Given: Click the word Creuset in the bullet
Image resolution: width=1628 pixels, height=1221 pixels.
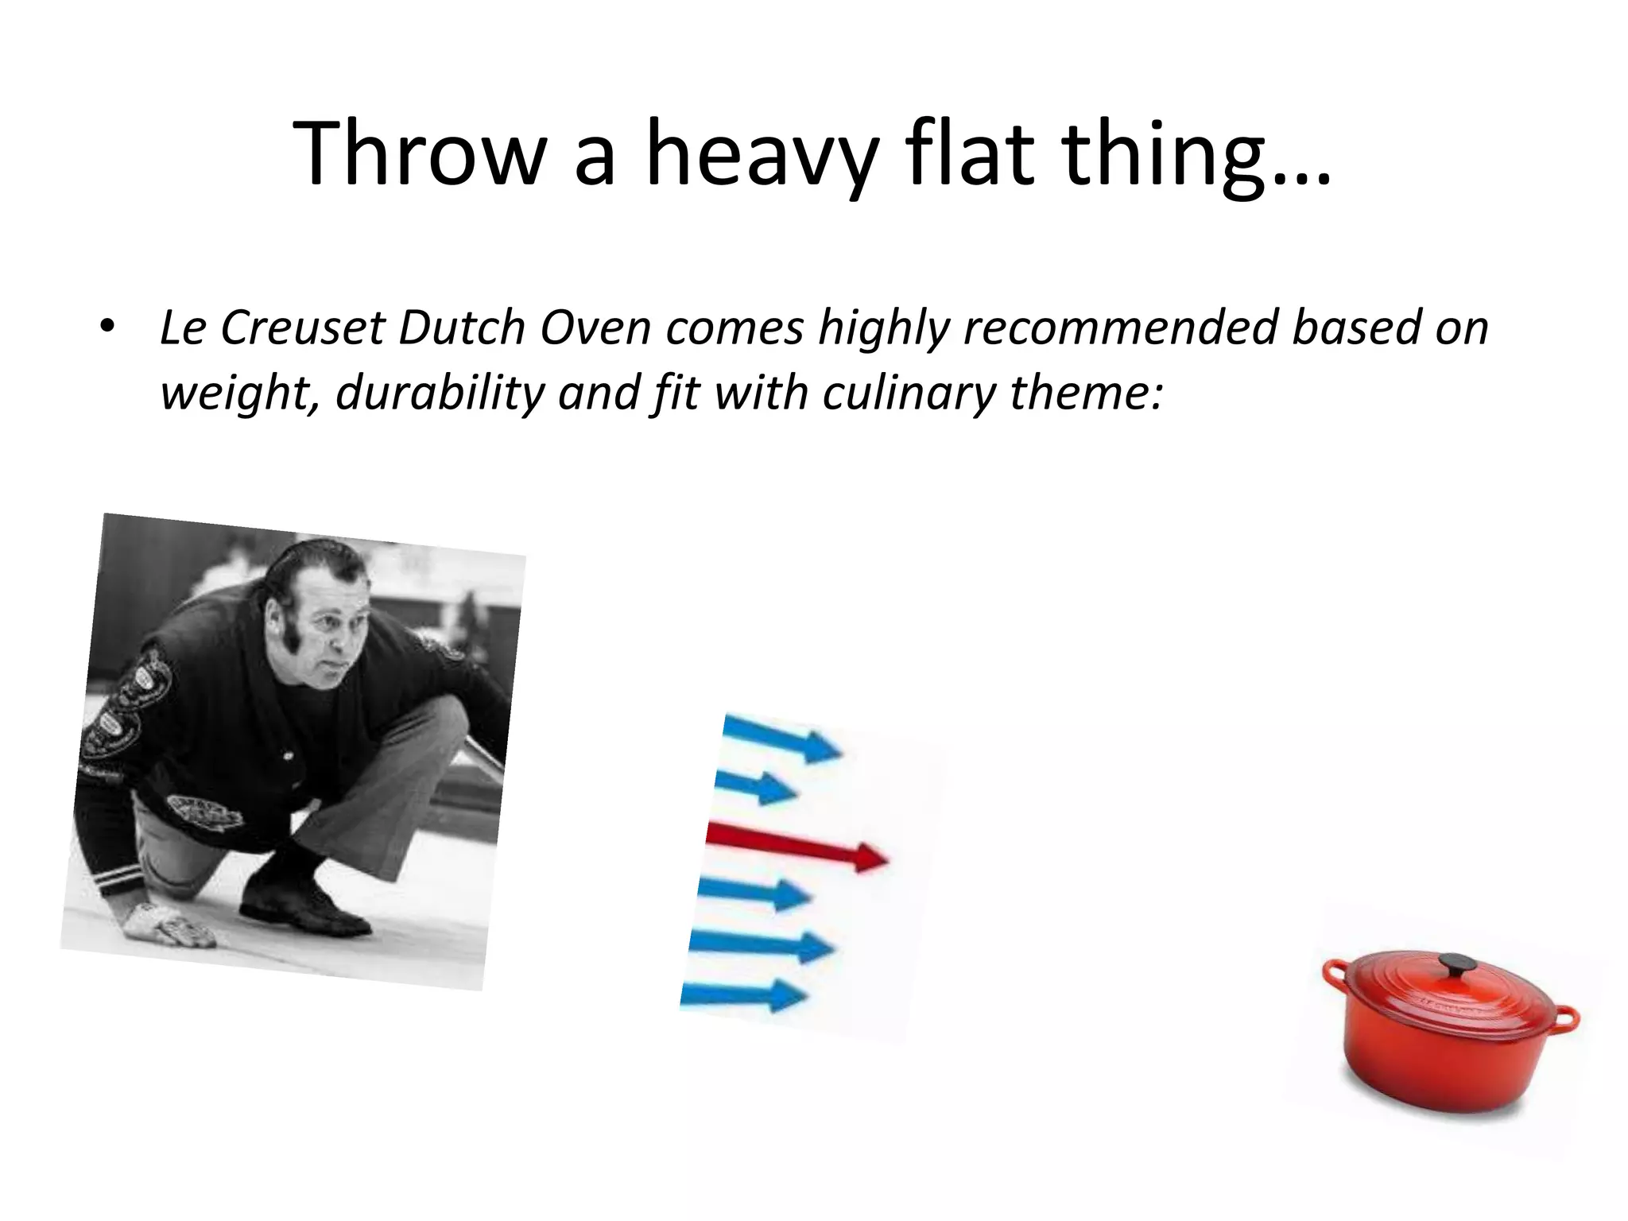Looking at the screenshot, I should [x=303, y=328].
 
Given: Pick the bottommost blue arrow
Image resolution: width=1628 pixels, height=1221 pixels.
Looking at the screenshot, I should [x=744, y=994].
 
